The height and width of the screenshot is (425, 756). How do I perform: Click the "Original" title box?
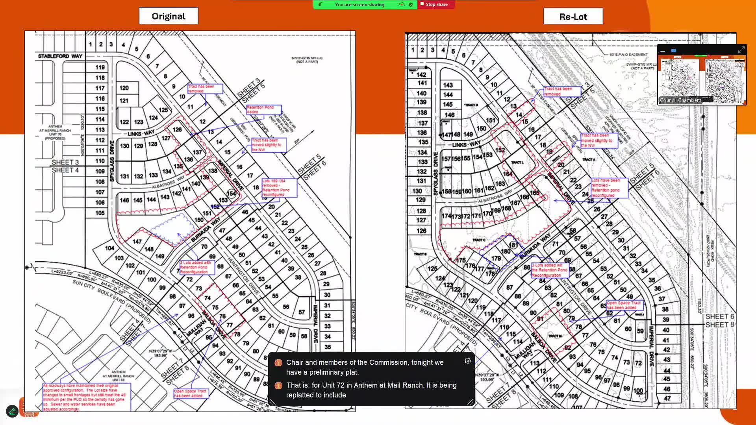[x=169, y=16]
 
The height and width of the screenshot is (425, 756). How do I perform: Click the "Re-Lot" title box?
[x=573, y=17]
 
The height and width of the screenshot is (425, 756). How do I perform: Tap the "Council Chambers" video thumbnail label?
[x=680, y=100]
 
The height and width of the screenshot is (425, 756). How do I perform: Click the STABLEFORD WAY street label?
[x=60, y=56]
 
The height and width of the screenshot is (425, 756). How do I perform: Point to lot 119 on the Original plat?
[x=100, y=67]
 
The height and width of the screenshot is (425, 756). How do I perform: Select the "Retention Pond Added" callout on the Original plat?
[x=263, y=109]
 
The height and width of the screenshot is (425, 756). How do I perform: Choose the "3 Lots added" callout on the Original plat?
[x=197, y=267]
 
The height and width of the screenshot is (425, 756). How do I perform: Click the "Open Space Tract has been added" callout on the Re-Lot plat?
[x=624, y=305]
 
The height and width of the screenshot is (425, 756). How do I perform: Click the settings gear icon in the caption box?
[x=468, y=361]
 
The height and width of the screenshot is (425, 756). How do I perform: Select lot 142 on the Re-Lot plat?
[x=421, y=75]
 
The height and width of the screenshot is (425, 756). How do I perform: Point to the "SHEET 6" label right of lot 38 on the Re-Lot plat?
[x=719, y=316]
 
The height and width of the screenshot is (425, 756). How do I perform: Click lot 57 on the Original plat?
[x=302, y=312]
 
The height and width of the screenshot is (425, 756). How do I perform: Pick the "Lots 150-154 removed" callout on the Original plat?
[x=279, y=188]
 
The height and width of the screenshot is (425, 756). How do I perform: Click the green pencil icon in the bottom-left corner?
[x=12, y=411]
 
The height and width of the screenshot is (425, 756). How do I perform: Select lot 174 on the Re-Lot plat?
[x=446, y=216]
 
